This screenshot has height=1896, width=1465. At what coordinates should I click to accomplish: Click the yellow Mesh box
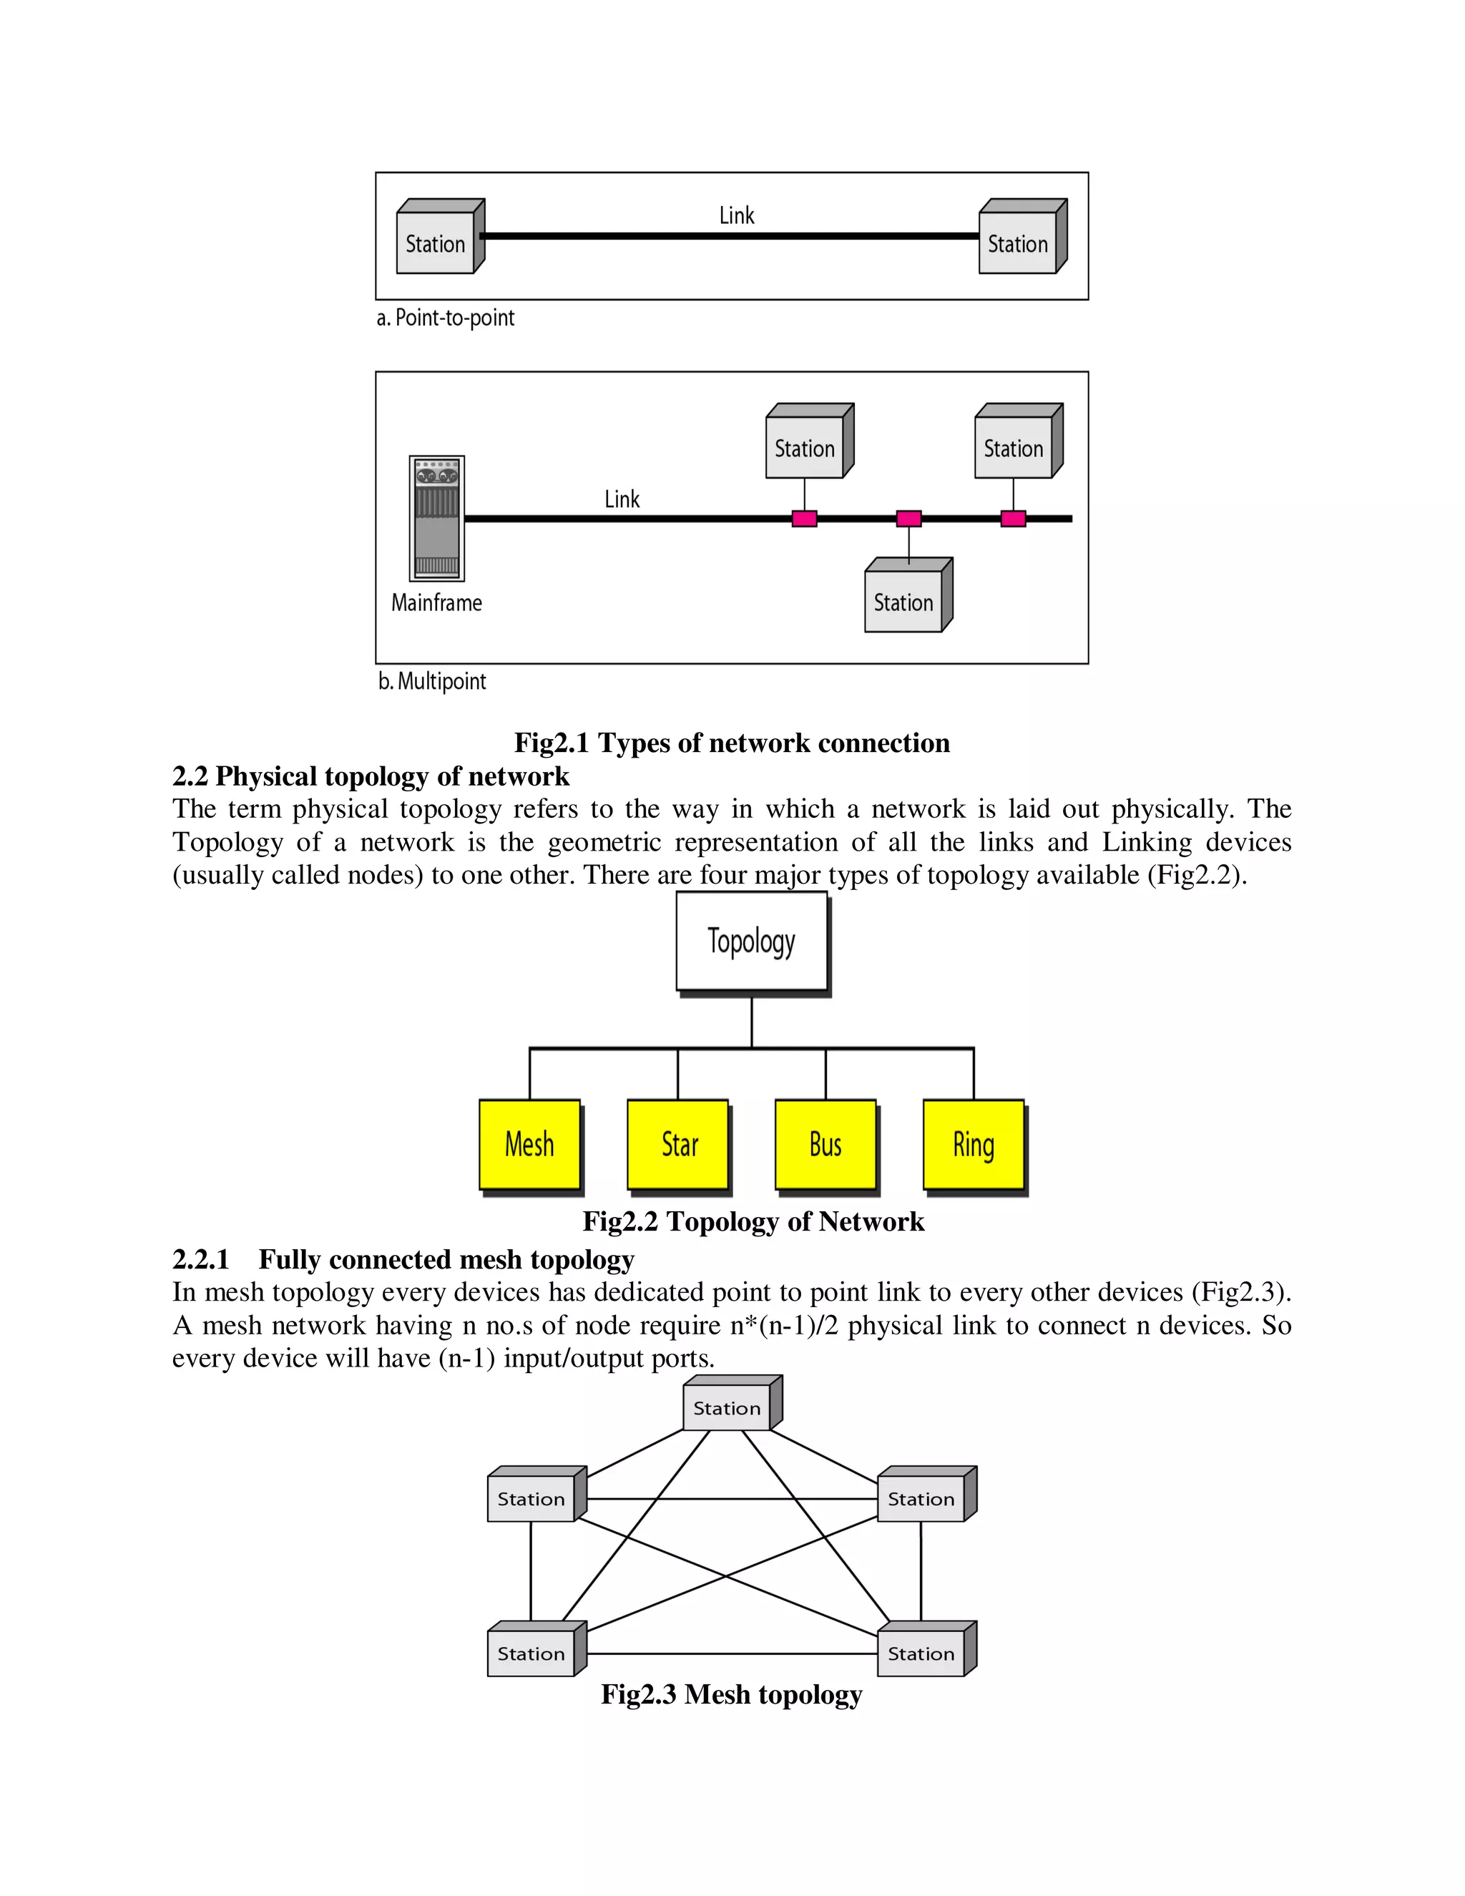529,1144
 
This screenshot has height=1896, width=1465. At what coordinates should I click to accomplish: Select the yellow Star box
678,1144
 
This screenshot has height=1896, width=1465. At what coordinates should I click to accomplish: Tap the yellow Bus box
825,1144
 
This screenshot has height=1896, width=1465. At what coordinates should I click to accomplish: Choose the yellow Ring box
973,1144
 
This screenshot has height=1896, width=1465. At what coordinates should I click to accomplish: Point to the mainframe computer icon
436,518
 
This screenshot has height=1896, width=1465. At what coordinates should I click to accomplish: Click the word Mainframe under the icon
436,602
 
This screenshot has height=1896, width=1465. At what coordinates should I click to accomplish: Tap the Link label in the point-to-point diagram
737,215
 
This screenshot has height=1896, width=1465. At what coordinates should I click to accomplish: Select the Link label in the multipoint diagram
622,499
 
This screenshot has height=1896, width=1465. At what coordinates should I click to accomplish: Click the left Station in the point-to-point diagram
436,244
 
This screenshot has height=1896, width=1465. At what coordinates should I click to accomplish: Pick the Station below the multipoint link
903,602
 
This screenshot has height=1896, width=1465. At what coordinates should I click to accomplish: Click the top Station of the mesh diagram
727,1408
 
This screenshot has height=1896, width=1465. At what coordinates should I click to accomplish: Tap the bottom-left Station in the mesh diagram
531,1653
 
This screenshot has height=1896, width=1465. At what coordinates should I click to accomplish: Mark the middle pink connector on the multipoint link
908,519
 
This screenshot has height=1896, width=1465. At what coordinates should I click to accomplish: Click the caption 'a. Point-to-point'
445,318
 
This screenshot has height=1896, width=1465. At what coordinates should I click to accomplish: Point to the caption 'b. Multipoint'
432,681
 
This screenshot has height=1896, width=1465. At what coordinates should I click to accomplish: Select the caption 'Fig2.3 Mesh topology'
732,1694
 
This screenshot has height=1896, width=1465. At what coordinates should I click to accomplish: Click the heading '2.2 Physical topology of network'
371,776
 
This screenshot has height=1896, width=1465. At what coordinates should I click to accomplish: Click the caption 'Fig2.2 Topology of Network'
753,1221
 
